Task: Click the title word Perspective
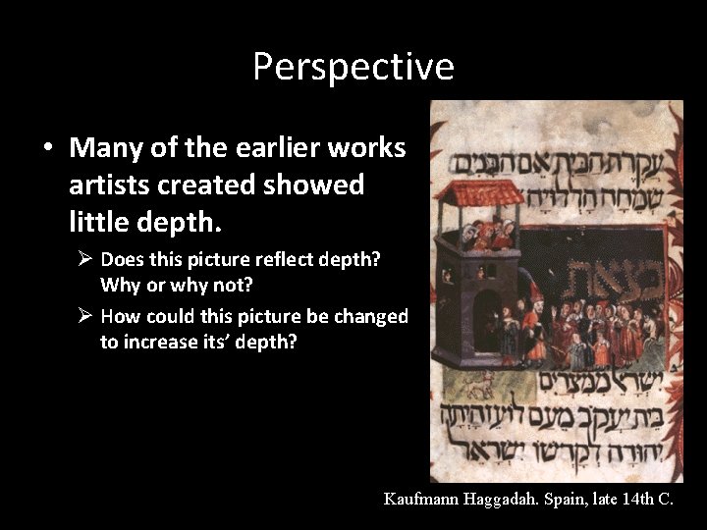click(353, 67)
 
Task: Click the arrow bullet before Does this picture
click(86, 260)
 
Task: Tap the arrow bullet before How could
click(86, 317)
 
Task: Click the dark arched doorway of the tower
click(487, 324)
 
